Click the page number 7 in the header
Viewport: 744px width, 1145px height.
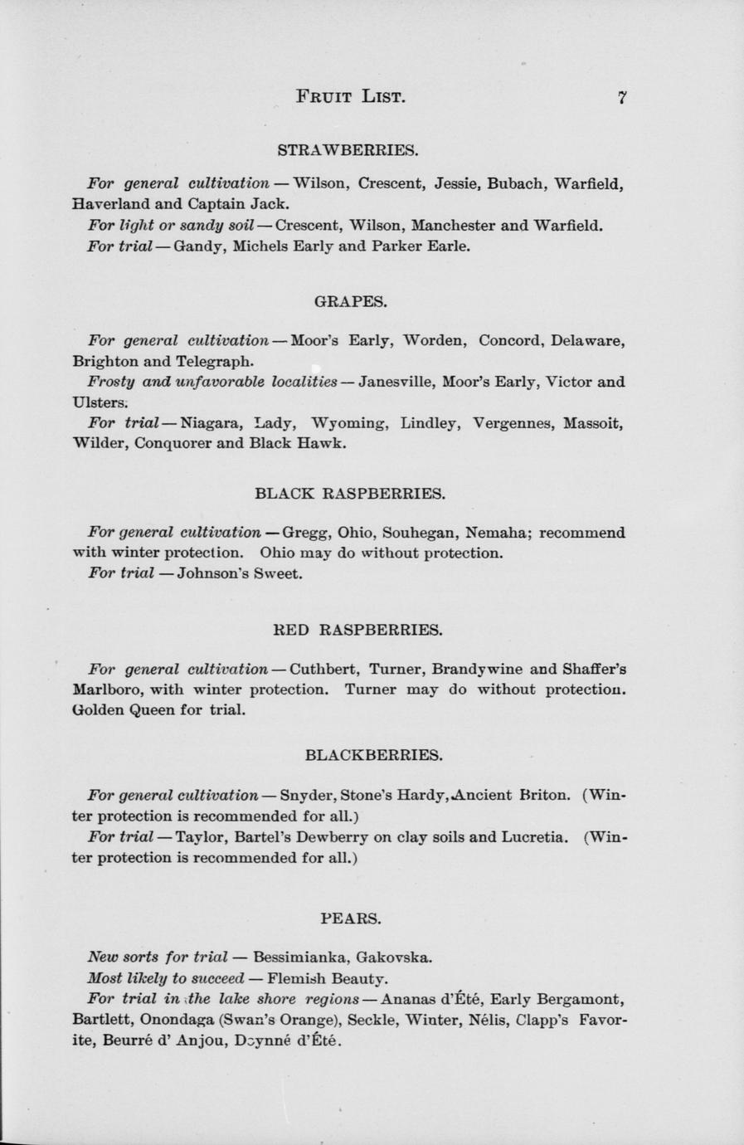621,96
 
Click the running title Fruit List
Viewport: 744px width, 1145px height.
350,96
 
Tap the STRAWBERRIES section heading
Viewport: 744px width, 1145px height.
348,150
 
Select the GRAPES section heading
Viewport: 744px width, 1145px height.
350,301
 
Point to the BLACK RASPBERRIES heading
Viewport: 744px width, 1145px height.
350,494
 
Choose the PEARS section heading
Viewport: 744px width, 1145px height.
350,918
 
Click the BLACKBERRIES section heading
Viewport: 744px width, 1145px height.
373,755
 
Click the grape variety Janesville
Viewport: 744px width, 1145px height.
396,382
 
